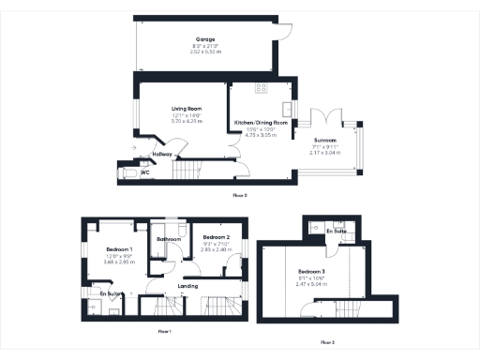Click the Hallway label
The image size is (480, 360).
point(150,154)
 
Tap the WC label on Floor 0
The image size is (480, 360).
point(145,172)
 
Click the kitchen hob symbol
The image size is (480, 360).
point(261,88)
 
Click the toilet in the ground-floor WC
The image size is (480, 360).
point(126,172)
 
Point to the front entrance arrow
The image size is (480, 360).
point(134,146)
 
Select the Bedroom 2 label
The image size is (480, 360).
point(216,238)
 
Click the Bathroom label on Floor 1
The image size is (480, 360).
point(169,240)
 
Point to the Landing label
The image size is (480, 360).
point(187,285)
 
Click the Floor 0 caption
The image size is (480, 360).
point(239,195)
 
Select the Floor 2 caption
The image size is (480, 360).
point(327,343)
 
